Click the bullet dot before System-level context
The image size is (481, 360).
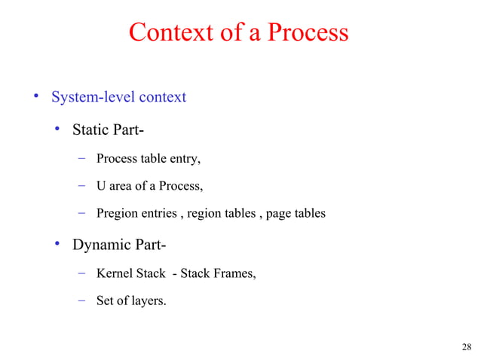[x=34, y=97]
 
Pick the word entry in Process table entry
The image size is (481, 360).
[x=185, y=159]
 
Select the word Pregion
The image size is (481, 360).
[x=117, y=213]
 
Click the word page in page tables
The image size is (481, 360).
[x=279, y=213]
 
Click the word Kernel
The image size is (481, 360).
[x=114, y=273]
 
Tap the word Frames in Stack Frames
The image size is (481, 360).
[x=234, y=273]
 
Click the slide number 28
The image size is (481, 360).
[x=465, y=347]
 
